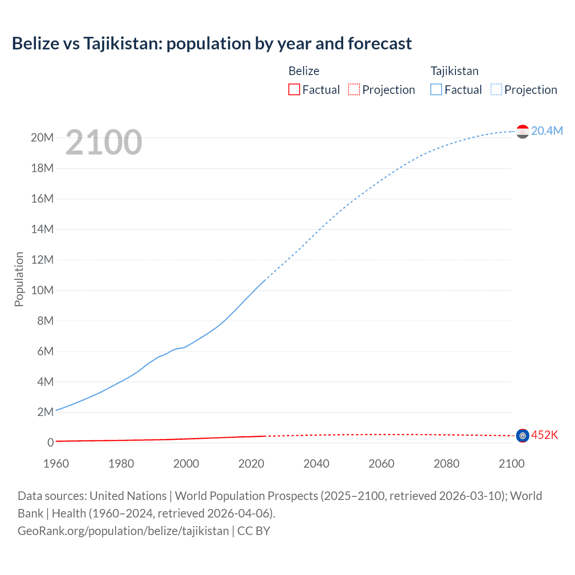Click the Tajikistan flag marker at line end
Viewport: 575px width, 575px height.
(522, 131)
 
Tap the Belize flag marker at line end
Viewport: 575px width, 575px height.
(522, 436)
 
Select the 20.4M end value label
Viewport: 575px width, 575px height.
(547, 131)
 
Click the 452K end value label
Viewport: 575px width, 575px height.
(544, 435)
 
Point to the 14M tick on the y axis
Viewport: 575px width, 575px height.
(42, 229)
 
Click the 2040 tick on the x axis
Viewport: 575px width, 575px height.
(316, 464)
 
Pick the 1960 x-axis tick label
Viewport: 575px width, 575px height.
(56, 464)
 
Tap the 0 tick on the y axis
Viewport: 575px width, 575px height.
(50, 442)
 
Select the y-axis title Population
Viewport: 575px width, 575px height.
(19, 279)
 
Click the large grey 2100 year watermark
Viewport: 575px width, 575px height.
(104, 142)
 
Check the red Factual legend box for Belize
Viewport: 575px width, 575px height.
(294, 89)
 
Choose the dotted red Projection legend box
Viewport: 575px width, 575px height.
(354, 89)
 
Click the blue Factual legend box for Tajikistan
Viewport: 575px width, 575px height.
(436, 89)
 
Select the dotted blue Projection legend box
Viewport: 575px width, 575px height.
(496, 89)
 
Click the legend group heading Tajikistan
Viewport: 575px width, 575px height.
(454, 71)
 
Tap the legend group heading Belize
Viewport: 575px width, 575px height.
(304, 71)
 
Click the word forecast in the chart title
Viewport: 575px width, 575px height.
(379, 43)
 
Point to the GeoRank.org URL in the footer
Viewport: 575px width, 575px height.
(123, 531)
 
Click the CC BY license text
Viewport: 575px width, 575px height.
(254, 531)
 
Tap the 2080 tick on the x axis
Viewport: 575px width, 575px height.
(447, 464)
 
